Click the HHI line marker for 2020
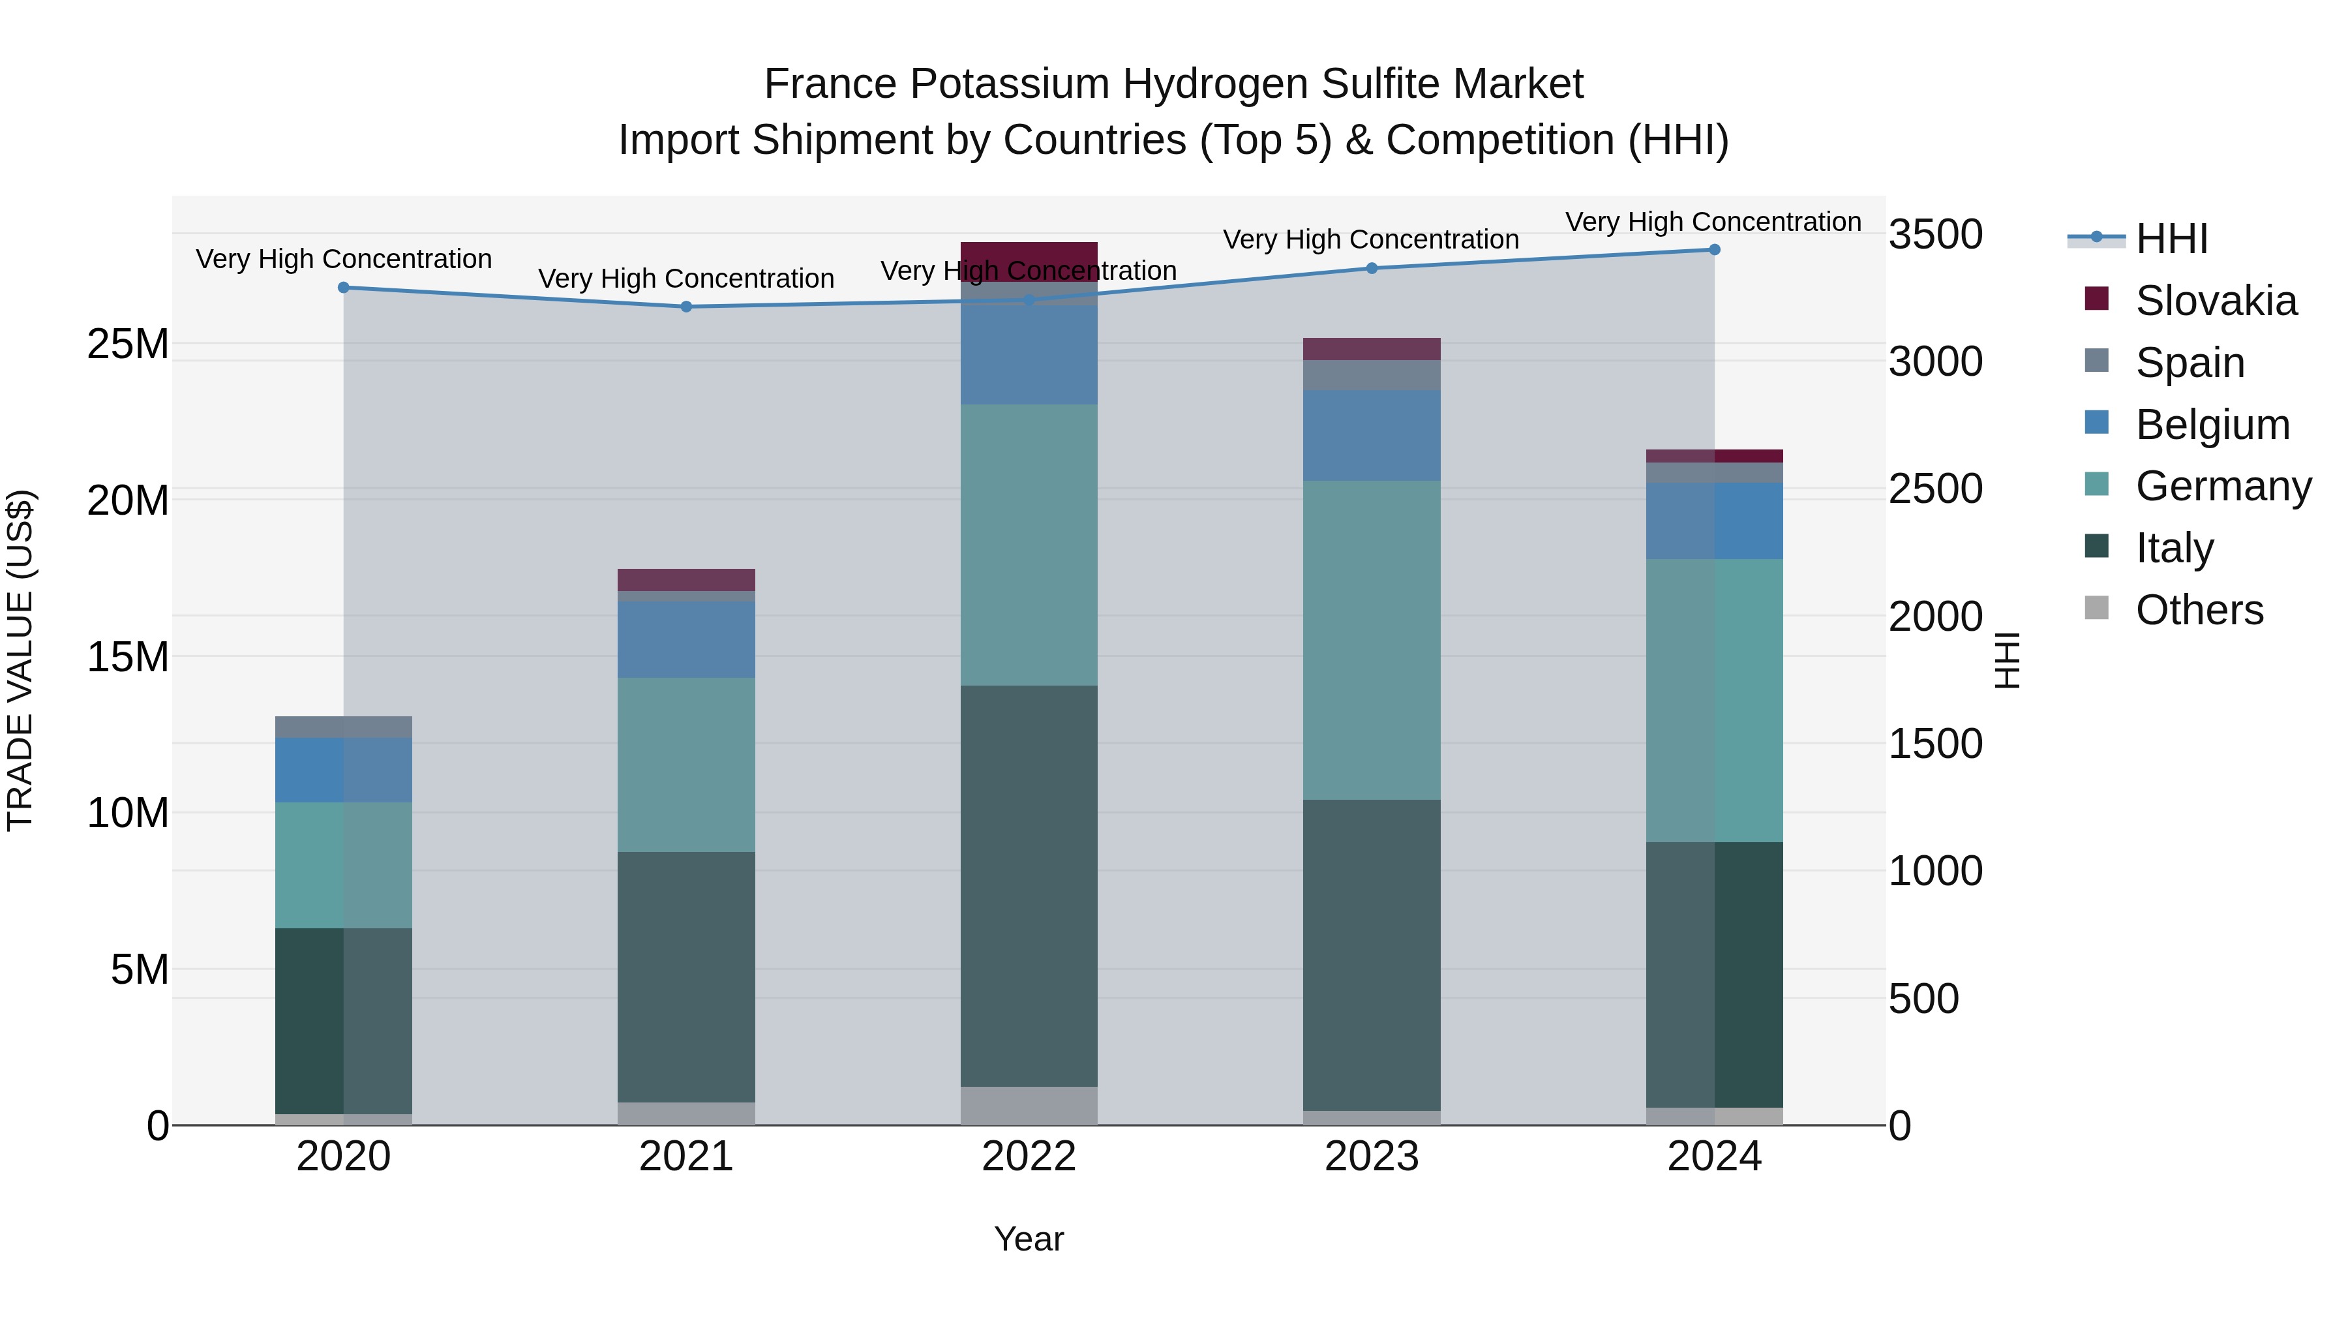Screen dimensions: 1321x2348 tap(344, 287)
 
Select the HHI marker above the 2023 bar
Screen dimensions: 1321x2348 tap(1372, 268)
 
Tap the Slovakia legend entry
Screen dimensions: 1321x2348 tap(2215, 301)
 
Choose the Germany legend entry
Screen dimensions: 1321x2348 tap(2222, 486)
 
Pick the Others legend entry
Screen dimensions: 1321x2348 tap(2199, 610)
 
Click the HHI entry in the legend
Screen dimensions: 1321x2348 tap(2171, 239)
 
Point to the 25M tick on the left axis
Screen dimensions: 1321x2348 tap(128, 344)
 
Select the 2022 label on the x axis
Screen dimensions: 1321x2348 tap(1029, 1157)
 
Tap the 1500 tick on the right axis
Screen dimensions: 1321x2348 tap(1935, 744)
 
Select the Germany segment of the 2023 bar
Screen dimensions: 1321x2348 tap(1372, 640)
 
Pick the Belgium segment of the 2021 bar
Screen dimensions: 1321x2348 tap(686, 639)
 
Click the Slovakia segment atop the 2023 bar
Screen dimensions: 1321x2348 tap(1372, 349)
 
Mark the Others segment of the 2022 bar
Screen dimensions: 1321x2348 tap(1029, 1105)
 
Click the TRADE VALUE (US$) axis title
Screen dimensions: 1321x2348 tap(20, 660)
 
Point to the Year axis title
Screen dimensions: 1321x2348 tap(1029, 1239)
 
